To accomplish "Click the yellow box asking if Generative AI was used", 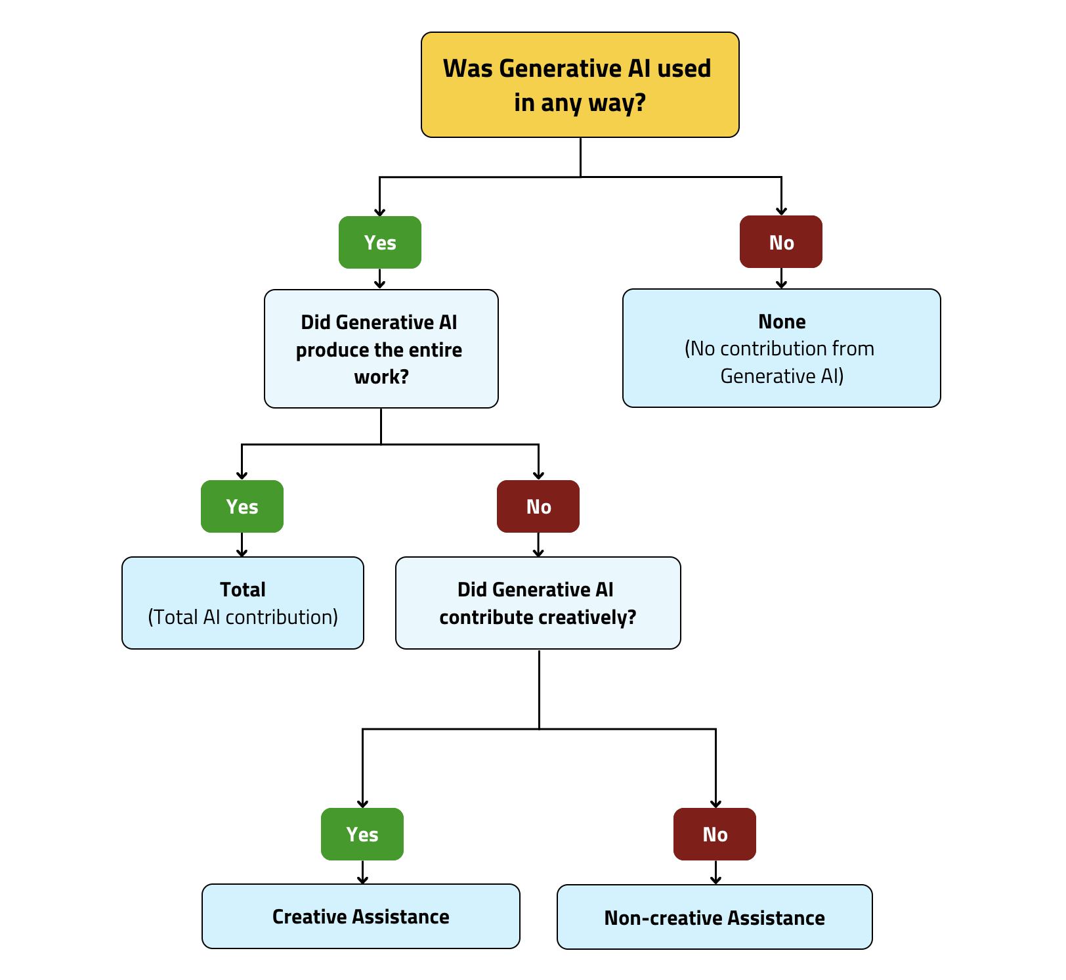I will coord(580,85).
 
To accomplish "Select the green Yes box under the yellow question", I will coord(379,242).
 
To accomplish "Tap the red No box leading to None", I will coord(780,242).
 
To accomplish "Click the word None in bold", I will coord(781,322).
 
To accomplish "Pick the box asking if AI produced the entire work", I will coord(381,349).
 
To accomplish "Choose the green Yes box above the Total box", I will coord(242,506).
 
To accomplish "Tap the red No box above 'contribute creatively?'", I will coord(538,506).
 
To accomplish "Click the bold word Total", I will coord(242,590).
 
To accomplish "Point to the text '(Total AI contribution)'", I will coord(242,617).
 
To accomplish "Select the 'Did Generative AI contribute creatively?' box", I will coord(538,603).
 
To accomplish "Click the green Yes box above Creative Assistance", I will coord(362,834).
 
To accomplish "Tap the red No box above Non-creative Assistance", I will coord(714,834).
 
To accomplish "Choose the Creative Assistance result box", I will coord(360,916).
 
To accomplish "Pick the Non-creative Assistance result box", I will coord(714,918).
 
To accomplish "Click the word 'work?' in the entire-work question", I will coord(381,377).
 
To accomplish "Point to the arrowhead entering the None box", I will coord(781,284).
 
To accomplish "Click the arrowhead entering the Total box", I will coord(242,552).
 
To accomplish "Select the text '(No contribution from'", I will coord(779,349).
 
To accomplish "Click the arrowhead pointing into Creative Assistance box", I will coord(362,880).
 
